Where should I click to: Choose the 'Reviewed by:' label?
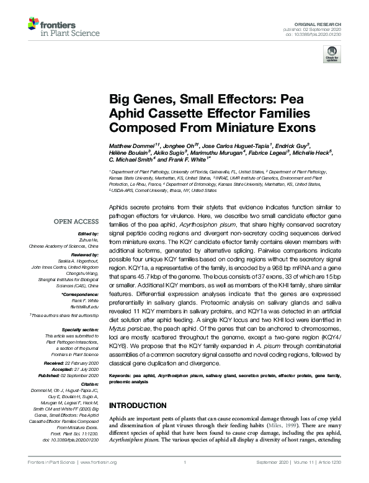coord(84,255)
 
